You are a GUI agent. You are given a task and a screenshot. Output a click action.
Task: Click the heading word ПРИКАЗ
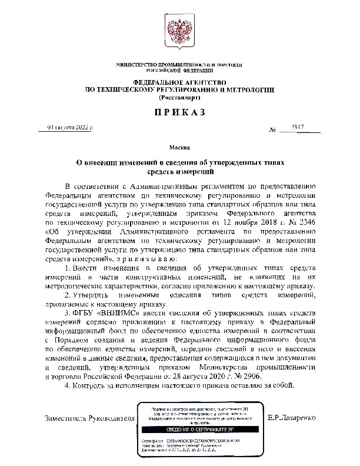[x=179, y=111]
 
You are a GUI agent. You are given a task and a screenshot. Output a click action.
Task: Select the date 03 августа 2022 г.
[x=71, y=127]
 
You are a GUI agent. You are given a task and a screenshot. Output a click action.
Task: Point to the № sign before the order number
[x=272, y=129]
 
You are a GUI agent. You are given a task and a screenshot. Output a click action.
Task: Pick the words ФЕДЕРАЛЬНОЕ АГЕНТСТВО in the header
[x=179, y=83]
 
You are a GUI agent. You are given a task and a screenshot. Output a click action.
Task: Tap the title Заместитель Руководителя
[x=89, y=418]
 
